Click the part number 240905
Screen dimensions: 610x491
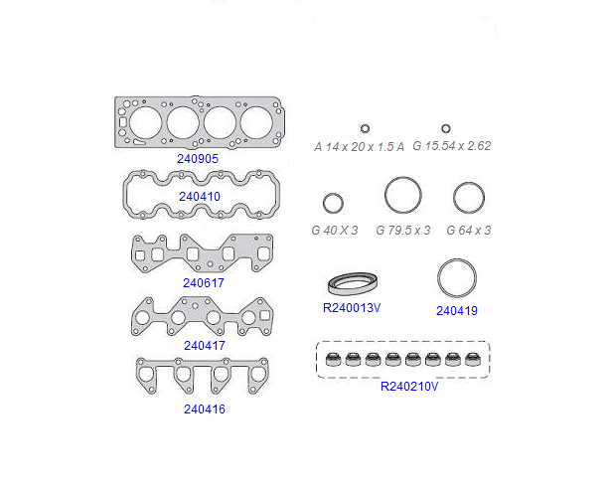coord(198,159)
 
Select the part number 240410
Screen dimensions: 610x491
coord(200,197)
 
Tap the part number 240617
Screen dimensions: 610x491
coord(204,283)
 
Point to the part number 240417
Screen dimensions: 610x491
coord(205,346)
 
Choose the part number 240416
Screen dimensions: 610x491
coord(205,409)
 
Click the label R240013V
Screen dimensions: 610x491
coord(352,308)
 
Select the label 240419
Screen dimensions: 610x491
coord(457,311)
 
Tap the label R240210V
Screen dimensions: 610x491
coord(409,387)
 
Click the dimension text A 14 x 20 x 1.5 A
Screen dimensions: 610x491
coord(359,147)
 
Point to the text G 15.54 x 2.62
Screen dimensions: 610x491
coord(452,146)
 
